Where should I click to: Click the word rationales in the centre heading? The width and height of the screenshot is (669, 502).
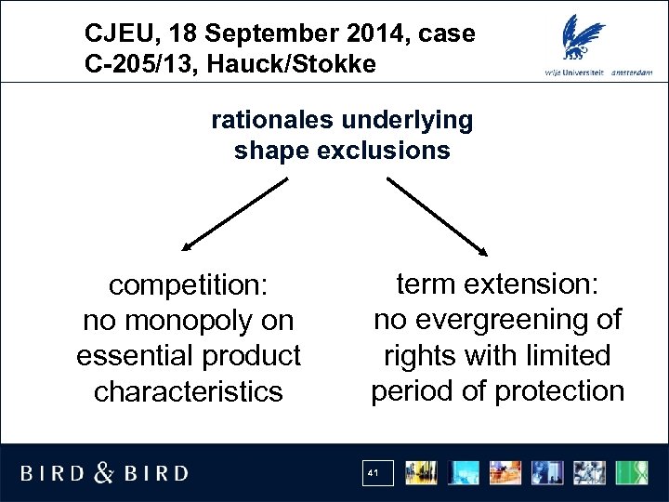(274, 121)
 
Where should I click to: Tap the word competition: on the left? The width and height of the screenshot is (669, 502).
(189, 285)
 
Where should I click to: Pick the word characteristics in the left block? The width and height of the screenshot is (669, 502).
(189, 391)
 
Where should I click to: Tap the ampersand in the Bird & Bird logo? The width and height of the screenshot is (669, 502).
(105, 472)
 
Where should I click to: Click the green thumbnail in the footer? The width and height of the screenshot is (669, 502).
(636, 471)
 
